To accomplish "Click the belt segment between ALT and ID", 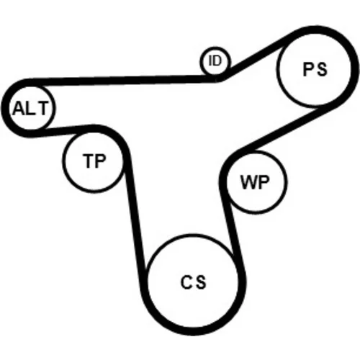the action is pos(122,80).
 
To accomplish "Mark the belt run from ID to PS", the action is pos(257,56).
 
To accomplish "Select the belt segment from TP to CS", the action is pos(135,214).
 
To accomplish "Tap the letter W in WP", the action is pos(248,182).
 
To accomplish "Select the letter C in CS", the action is pos(186,282).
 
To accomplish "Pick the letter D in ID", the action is pos(217,60).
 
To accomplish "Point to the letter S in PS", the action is pos(322,70).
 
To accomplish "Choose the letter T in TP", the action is pos(89,161).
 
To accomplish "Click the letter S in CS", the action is pos(201,282).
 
